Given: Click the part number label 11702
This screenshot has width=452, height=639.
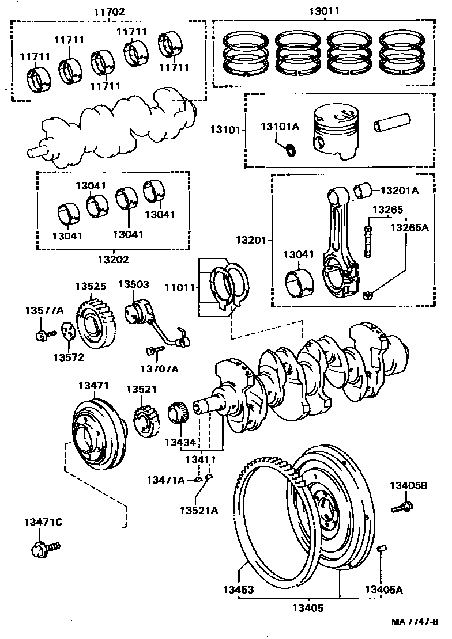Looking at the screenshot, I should tap(108, 11).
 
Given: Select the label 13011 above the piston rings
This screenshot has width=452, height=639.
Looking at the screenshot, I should tap(324, 11).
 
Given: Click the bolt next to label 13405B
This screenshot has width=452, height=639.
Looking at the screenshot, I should tap(402, 507).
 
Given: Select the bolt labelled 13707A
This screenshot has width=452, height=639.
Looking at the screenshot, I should tap(154, 349).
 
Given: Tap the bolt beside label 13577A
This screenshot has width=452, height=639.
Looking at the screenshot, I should tap(44, 334).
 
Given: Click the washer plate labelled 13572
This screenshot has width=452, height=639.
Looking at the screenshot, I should tap(67, 332).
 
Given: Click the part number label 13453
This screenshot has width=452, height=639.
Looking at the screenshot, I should tap(239, 589).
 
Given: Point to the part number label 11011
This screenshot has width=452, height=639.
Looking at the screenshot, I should tap(180, 286).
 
